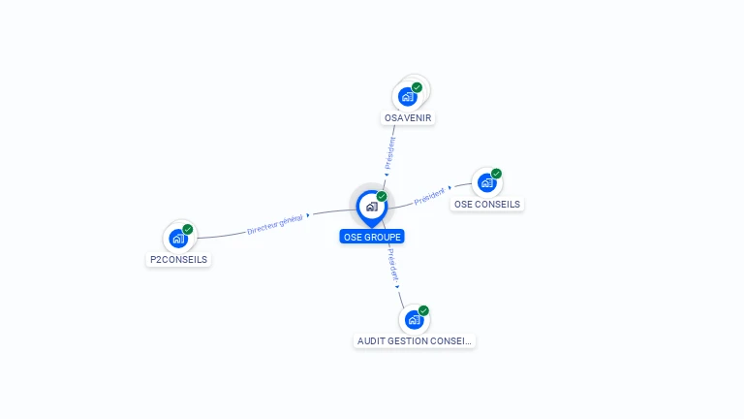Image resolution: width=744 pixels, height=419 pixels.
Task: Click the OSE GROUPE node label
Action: pyautogui.click(x=372, y=237)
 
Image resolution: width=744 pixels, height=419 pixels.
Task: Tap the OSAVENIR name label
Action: pyautogui.click(x=408, y=118)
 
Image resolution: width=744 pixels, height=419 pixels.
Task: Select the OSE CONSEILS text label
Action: pyautogui.click(x=487, y=205)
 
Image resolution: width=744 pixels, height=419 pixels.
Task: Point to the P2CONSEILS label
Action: pyautogui.click(x=179, y=260)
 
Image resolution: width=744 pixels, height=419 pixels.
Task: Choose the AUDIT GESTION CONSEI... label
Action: pyautogui.click(x=415, y=341)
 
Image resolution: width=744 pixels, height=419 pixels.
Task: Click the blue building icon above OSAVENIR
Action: pyautogui.click(x=408, y=97)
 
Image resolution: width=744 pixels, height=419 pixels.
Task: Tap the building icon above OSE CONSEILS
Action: pyautogui.click(x=486, y=182)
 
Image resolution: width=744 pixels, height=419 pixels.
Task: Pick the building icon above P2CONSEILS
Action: pyautogui.click(x=177, y=239)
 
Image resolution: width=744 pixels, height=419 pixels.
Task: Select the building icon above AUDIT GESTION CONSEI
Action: pyautogui.click(x=414, y=320)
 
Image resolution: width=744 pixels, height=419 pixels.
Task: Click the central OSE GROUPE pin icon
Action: pyautogui.click(x=371, y=207)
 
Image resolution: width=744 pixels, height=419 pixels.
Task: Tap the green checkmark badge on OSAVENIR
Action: pyautogui.click(x=418, y=87)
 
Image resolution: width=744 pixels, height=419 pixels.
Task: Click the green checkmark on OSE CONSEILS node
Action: pyautogui.click(x=496, y=174)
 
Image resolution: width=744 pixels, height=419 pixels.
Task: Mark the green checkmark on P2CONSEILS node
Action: pyautogui.click(x=188, y=230)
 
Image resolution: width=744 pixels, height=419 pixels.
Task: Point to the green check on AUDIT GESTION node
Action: pyautogui.click(x=423, y=311)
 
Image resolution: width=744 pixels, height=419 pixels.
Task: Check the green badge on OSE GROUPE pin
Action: pyautogui.click(x=382, y=197)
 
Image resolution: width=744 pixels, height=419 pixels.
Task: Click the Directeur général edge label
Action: pyautogui.click(x=275, y=224)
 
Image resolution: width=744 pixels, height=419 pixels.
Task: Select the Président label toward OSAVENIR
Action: pyautogui.click(x=390, y=152)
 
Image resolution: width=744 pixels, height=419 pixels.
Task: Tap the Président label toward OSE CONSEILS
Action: pyautogui.click(x=429, y=197)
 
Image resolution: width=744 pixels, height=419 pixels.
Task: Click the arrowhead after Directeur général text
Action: pyautogui.click(x=308, y=215)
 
